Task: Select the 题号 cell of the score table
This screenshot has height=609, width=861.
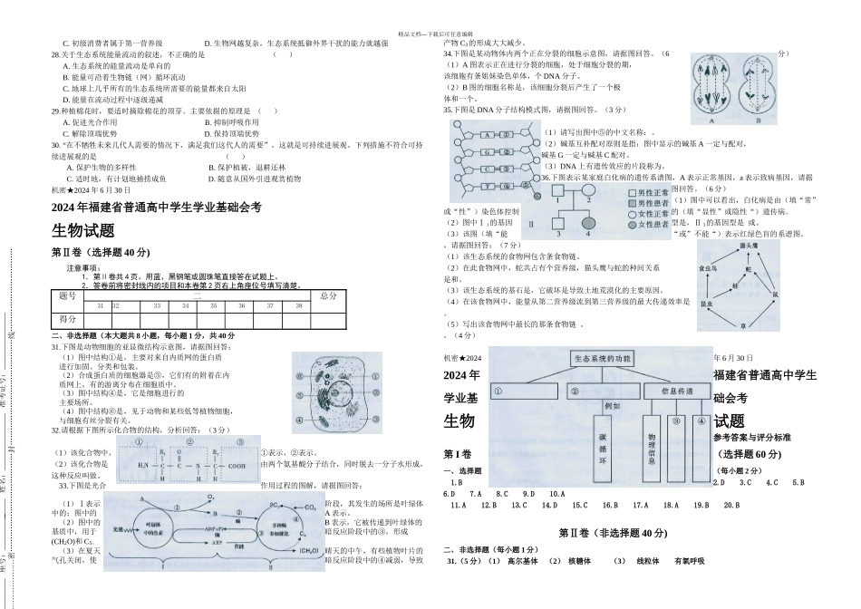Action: coord(68,295)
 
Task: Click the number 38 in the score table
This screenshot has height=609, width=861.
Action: coord(299,306)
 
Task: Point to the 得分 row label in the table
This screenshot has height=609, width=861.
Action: coord(68,319)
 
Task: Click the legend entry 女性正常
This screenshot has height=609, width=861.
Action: coord(653,214)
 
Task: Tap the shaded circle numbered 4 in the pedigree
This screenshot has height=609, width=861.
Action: coord(590,221)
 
